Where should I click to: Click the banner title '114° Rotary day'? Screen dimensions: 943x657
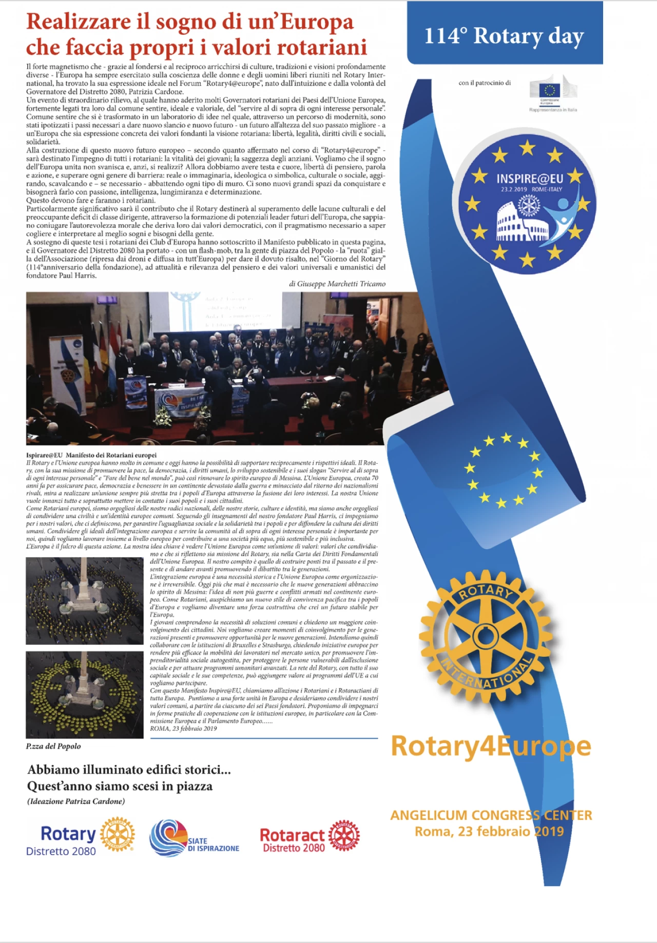[x=504, y=36]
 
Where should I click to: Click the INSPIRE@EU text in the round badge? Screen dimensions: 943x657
[x=529, y=179]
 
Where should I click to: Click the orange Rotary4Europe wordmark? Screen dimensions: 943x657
[x=491, y=746]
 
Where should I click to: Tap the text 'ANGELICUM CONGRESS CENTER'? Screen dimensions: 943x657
[x=491, y=815]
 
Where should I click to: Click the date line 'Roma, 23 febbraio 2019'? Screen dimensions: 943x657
[x=489, y=832]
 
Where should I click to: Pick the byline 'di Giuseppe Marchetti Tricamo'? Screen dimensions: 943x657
[x=337, y=284]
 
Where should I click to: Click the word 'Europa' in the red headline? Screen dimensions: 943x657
[x=317, y=22]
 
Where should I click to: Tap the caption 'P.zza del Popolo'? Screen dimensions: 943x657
[x=53, y=746]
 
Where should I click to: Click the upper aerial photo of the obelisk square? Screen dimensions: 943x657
[x=85, y=601]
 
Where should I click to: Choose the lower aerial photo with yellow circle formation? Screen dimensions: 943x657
[x=85, y=695]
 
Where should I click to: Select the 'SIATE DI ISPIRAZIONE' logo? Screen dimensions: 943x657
[x=195, y=838]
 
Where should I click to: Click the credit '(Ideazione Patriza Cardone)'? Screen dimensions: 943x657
[x=76, y=801]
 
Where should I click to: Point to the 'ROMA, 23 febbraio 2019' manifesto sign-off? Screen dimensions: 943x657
[x=183, y=729]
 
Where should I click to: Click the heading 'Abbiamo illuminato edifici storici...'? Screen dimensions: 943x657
[x=129, y=770]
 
